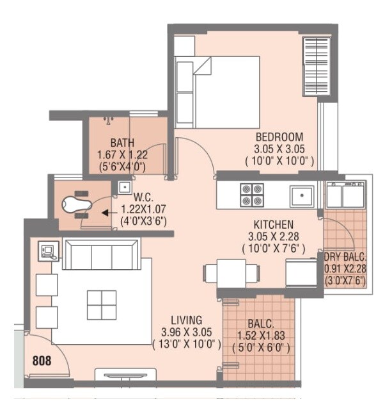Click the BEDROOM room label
(x=279, y=137)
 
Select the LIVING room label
(x=187, y=320)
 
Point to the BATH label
(x=122, y=142)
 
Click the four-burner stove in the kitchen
(x=251, y=195)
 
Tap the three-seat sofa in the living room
(x=100, y=256)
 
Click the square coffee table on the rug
(x=102, y=305)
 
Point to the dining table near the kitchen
(x=231, y=274)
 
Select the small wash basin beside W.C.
(x=123, y=188)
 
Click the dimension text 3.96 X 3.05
(x=187, y=332)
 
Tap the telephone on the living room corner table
(x=47, y=251)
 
